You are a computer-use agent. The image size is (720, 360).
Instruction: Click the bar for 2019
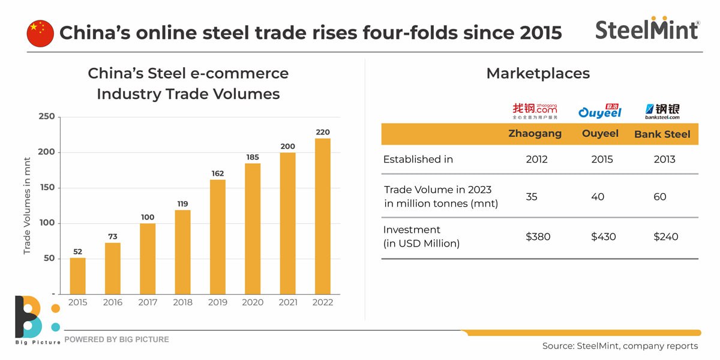coord(217,236)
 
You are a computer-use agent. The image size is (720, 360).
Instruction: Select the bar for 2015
coord(77,275)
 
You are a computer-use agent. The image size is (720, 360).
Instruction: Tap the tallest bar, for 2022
coord(322,216)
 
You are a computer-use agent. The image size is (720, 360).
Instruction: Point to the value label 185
coord(253,157)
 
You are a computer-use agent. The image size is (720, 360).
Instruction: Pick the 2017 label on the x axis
coord(148,302)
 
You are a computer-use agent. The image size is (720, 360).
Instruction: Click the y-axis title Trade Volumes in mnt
coord(27,205)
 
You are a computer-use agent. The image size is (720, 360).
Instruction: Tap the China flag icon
coord(40,33)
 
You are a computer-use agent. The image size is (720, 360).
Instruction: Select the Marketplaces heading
coord(538,74)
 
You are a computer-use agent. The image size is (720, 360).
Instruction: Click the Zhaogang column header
coord(535,134)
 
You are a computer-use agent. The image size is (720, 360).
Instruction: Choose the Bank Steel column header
coord(662,134)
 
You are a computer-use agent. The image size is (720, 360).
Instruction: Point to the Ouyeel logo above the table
coord(600,111)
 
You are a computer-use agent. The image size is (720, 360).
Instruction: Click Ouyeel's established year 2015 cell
coord(602,160)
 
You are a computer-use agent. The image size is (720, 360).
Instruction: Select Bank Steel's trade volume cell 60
coord(660,197)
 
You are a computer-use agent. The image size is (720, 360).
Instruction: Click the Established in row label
coord(418,160)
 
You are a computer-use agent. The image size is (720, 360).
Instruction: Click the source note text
coord(620,346)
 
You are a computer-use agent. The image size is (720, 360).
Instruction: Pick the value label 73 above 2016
coord(113,237)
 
